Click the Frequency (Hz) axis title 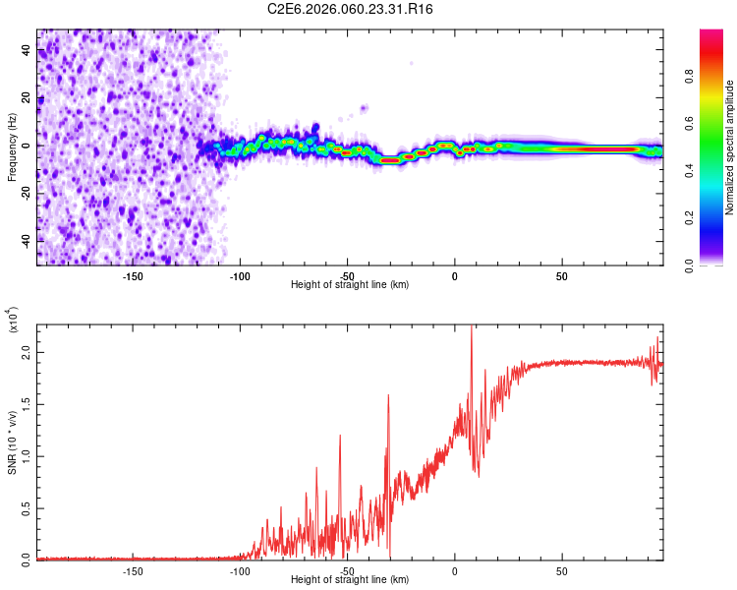pos(12,147)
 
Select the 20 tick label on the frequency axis pos(28,97)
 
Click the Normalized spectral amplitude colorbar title pos(730,148)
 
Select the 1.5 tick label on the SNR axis pos(28,403)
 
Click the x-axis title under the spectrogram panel pos(350,285)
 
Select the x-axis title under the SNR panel pos(350,579)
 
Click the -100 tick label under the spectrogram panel pos(240,276)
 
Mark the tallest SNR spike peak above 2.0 pos(472,327)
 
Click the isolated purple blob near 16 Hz pos(364,108)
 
